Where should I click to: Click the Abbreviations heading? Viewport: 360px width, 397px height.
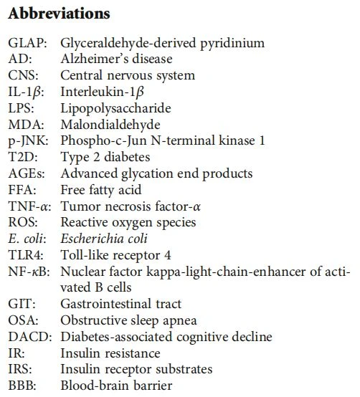tap(59, 14)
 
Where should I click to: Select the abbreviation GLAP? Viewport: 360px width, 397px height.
tap(26, 43)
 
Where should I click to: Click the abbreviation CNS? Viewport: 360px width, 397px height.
tap(22, 75)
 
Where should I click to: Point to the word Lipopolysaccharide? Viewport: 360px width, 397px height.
tap(115, 108)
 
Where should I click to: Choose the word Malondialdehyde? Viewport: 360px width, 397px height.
tap(110, 125)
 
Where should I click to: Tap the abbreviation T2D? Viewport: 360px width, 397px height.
tap(22, 157)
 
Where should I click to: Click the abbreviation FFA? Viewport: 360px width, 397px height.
tap(21, 190)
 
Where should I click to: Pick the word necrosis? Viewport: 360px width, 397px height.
tap(128, 206)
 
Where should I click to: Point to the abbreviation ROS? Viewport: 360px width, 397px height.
tap(22, 223)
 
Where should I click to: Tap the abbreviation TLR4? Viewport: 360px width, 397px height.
tap(24, 255)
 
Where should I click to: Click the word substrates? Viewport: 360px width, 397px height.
tap(184, 370)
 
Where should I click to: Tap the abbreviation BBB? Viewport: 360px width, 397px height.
tap(21, 386)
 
